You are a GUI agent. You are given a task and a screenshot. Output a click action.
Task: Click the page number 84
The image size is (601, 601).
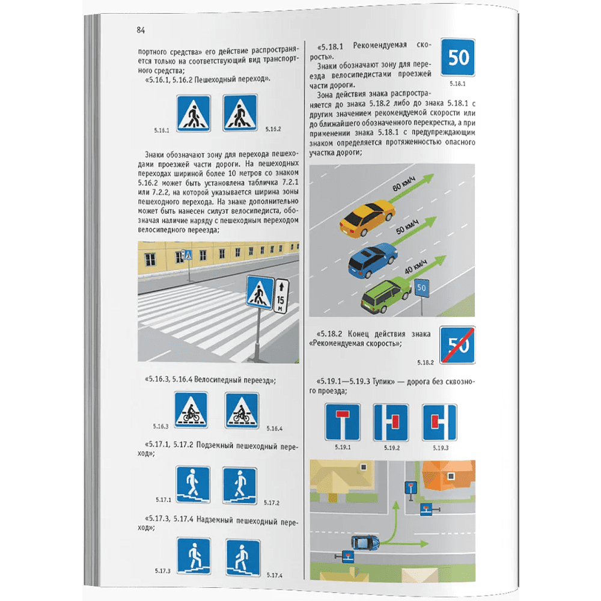(141, 30)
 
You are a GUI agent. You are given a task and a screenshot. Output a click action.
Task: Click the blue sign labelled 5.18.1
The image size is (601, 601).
(457, 57)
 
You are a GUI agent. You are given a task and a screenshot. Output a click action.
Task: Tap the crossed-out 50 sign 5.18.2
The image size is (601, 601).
(457, 344)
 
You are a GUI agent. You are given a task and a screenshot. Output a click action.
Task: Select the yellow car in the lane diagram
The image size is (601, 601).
(367, 218)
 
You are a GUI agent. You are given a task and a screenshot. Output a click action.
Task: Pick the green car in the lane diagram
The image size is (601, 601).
(386, 296)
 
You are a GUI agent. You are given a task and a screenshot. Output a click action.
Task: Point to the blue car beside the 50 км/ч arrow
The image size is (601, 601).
(372, 260)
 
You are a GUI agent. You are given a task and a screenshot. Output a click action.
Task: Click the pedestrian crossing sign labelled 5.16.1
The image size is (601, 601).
(194, 114)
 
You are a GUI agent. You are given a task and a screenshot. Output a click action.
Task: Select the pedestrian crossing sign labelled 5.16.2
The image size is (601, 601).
(240, 113)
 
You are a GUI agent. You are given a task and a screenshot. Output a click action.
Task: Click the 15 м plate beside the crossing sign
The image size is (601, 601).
(281, 296)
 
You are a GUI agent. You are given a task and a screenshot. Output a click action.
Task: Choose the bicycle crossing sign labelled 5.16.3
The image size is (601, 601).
(191, 410)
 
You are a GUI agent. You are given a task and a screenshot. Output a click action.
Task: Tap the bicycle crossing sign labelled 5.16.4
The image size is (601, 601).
(242, 410)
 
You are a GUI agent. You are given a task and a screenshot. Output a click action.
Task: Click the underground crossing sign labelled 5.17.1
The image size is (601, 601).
(193, 484)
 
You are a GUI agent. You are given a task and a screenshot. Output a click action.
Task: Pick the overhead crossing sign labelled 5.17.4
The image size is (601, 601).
(243, 558)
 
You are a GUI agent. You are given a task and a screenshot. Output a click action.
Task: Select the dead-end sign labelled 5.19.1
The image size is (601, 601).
(343, 422)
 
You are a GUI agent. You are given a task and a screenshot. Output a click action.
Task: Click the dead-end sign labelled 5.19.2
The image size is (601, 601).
(391, 423)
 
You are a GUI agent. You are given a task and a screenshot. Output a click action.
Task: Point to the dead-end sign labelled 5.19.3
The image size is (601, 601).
(440, 423)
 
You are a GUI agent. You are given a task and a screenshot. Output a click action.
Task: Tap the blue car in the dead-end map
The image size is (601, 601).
(365, 542)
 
